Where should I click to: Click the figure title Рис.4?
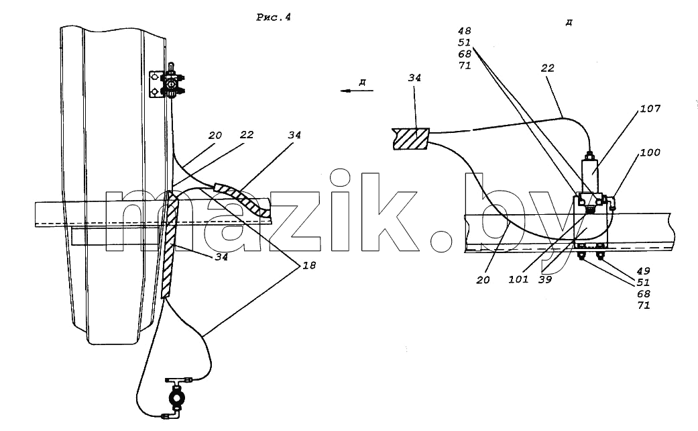click(x=274, y=17)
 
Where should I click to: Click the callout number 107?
click(x=650, y=108)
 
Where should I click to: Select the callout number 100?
click(x=650, y=152)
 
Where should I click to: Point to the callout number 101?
click(x=518, y=279)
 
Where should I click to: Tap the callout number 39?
click(x=545, y=279)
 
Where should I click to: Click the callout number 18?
click(x=309, y=265)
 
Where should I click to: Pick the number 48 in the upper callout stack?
click(x=464, y=31)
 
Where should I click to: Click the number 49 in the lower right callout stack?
click(x=643, y=271)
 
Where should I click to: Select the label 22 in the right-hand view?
click(x=548, y=68)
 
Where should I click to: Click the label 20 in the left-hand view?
click(x=215, y=135)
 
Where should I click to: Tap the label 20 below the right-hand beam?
click(x=483, y=280)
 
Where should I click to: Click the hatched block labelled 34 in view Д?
click(x=411, y=138)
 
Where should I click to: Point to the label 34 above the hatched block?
click(x=414, y=78)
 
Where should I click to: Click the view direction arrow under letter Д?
click(x=357, y=91)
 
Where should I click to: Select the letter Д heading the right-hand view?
click(x=569, y=22)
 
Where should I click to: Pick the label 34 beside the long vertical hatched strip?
click(x=221, y=256)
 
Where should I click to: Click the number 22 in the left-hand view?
click(x=246, y=135)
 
